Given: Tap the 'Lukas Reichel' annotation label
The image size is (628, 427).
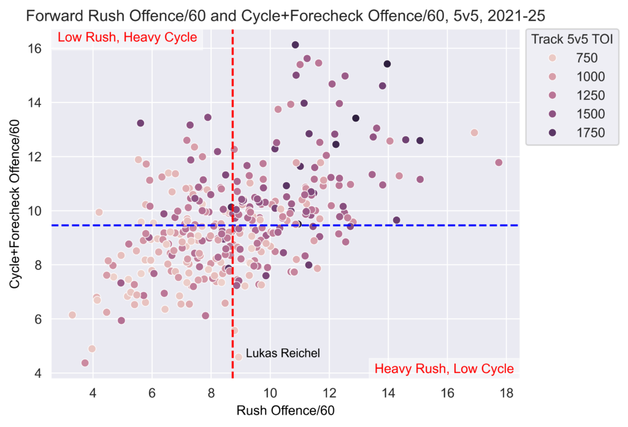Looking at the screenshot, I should (x=283, y=353).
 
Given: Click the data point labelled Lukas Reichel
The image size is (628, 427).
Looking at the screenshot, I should (x=239, y=356).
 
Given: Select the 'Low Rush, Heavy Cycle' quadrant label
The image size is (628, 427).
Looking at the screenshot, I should (x=127, y=37).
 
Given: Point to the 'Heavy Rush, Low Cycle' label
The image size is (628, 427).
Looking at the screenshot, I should (x=444, y=369).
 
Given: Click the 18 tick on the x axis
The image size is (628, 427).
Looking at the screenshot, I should (x=506, y=392).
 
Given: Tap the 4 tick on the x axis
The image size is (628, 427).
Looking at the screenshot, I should (x=93, y=392).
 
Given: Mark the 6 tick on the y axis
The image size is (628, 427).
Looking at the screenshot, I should (x=39, y=319).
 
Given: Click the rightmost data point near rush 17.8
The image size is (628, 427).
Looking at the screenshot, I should (x=499, y=163).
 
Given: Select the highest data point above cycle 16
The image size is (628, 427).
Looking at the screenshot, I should (x=296, y=45).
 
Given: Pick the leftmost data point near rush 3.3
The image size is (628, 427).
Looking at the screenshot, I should (x=72, y=315).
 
